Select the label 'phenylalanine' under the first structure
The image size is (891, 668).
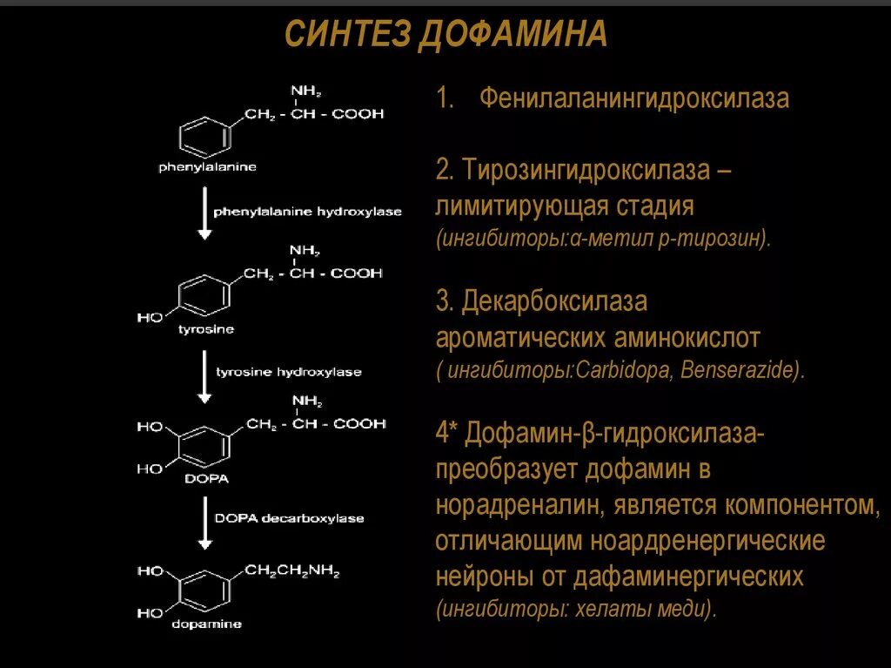pos(207,167)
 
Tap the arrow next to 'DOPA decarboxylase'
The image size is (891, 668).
pos(204,523)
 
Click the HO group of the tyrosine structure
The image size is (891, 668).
pos(150,318)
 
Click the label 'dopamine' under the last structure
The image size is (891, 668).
pos(207,624)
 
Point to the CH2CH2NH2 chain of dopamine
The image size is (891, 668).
pos(291,572)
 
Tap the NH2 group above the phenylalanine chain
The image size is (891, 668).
pos(305,91)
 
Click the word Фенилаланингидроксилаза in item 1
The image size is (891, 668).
pos(634,99)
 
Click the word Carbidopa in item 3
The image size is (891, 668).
pos(622,369)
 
